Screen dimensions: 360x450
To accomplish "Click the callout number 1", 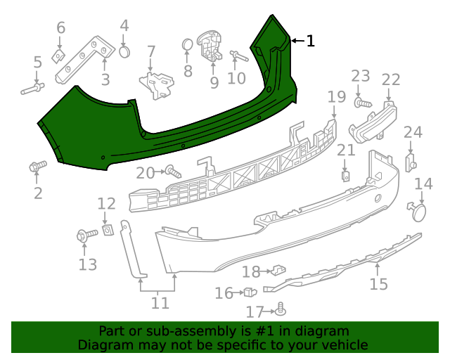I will [x=310, y=41].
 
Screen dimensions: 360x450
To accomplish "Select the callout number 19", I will [x=336, y=96].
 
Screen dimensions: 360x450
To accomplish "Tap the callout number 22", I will [x=390, y=79].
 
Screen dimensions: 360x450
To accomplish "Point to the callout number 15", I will [x=378, y=284].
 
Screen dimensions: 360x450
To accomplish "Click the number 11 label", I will [x=160, y=303].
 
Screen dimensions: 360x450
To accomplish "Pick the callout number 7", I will [x=150, y=51].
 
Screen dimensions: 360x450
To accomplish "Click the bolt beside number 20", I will [x=172, y=170].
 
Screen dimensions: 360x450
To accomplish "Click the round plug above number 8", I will [x=188, y=45].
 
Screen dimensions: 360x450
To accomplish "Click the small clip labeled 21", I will [x=346, y=175].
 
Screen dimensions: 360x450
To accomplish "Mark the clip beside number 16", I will [x=250, y=292].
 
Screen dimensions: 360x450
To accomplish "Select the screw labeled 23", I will [x=362, y=103].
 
